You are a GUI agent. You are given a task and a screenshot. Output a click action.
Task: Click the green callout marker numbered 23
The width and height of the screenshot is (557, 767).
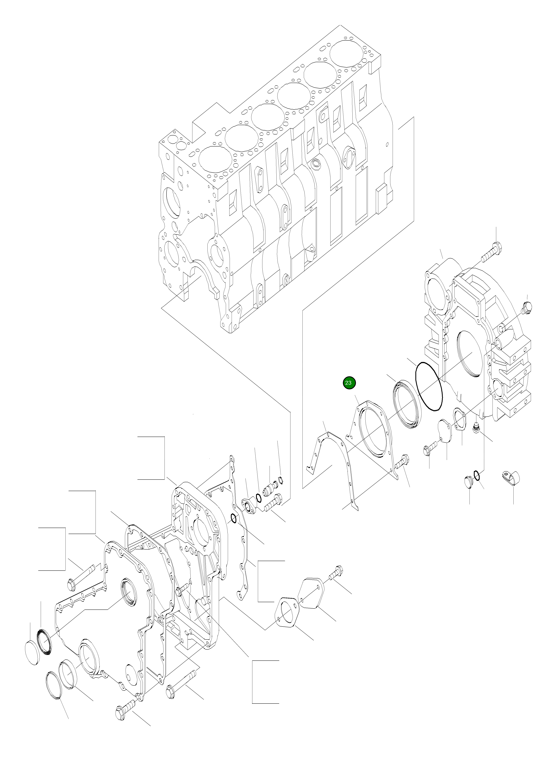coord(348,383)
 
